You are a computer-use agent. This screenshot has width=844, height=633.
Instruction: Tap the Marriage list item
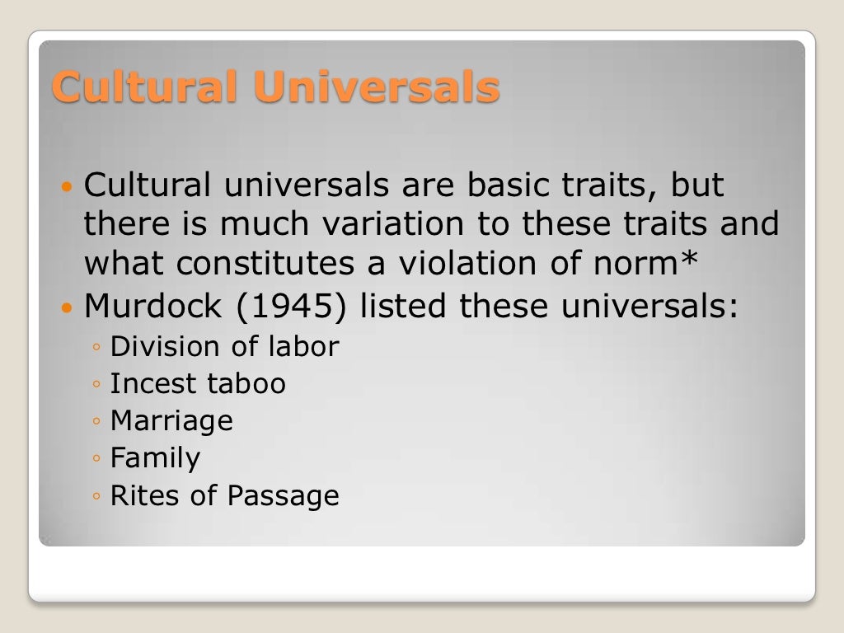[171, 422]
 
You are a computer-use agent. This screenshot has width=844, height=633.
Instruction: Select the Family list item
[155, 459]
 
